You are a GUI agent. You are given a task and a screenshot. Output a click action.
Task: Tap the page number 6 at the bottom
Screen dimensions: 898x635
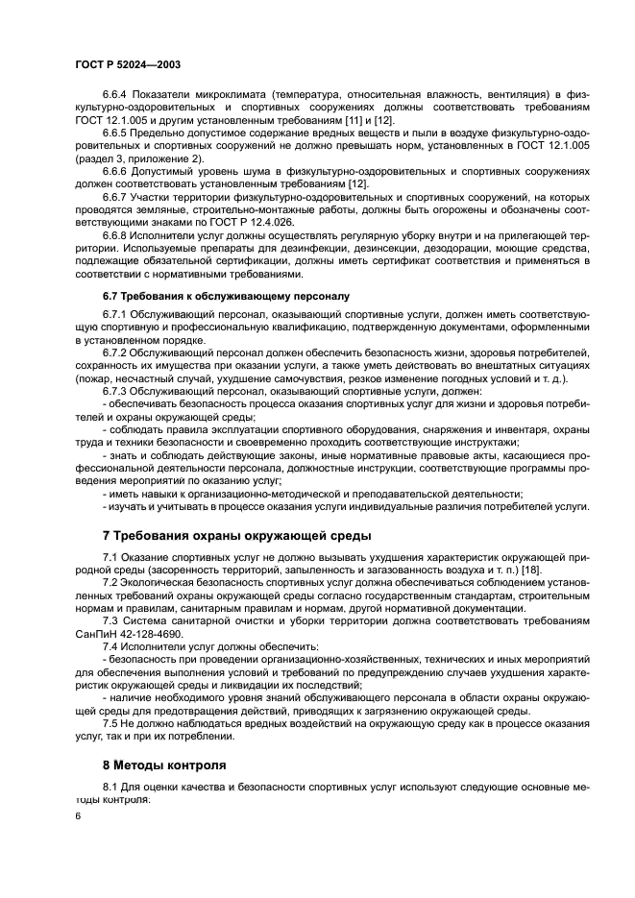point(79,815)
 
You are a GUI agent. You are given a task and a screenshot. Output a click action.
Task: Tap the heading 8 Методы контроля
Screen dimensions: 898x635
point(164,765)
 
